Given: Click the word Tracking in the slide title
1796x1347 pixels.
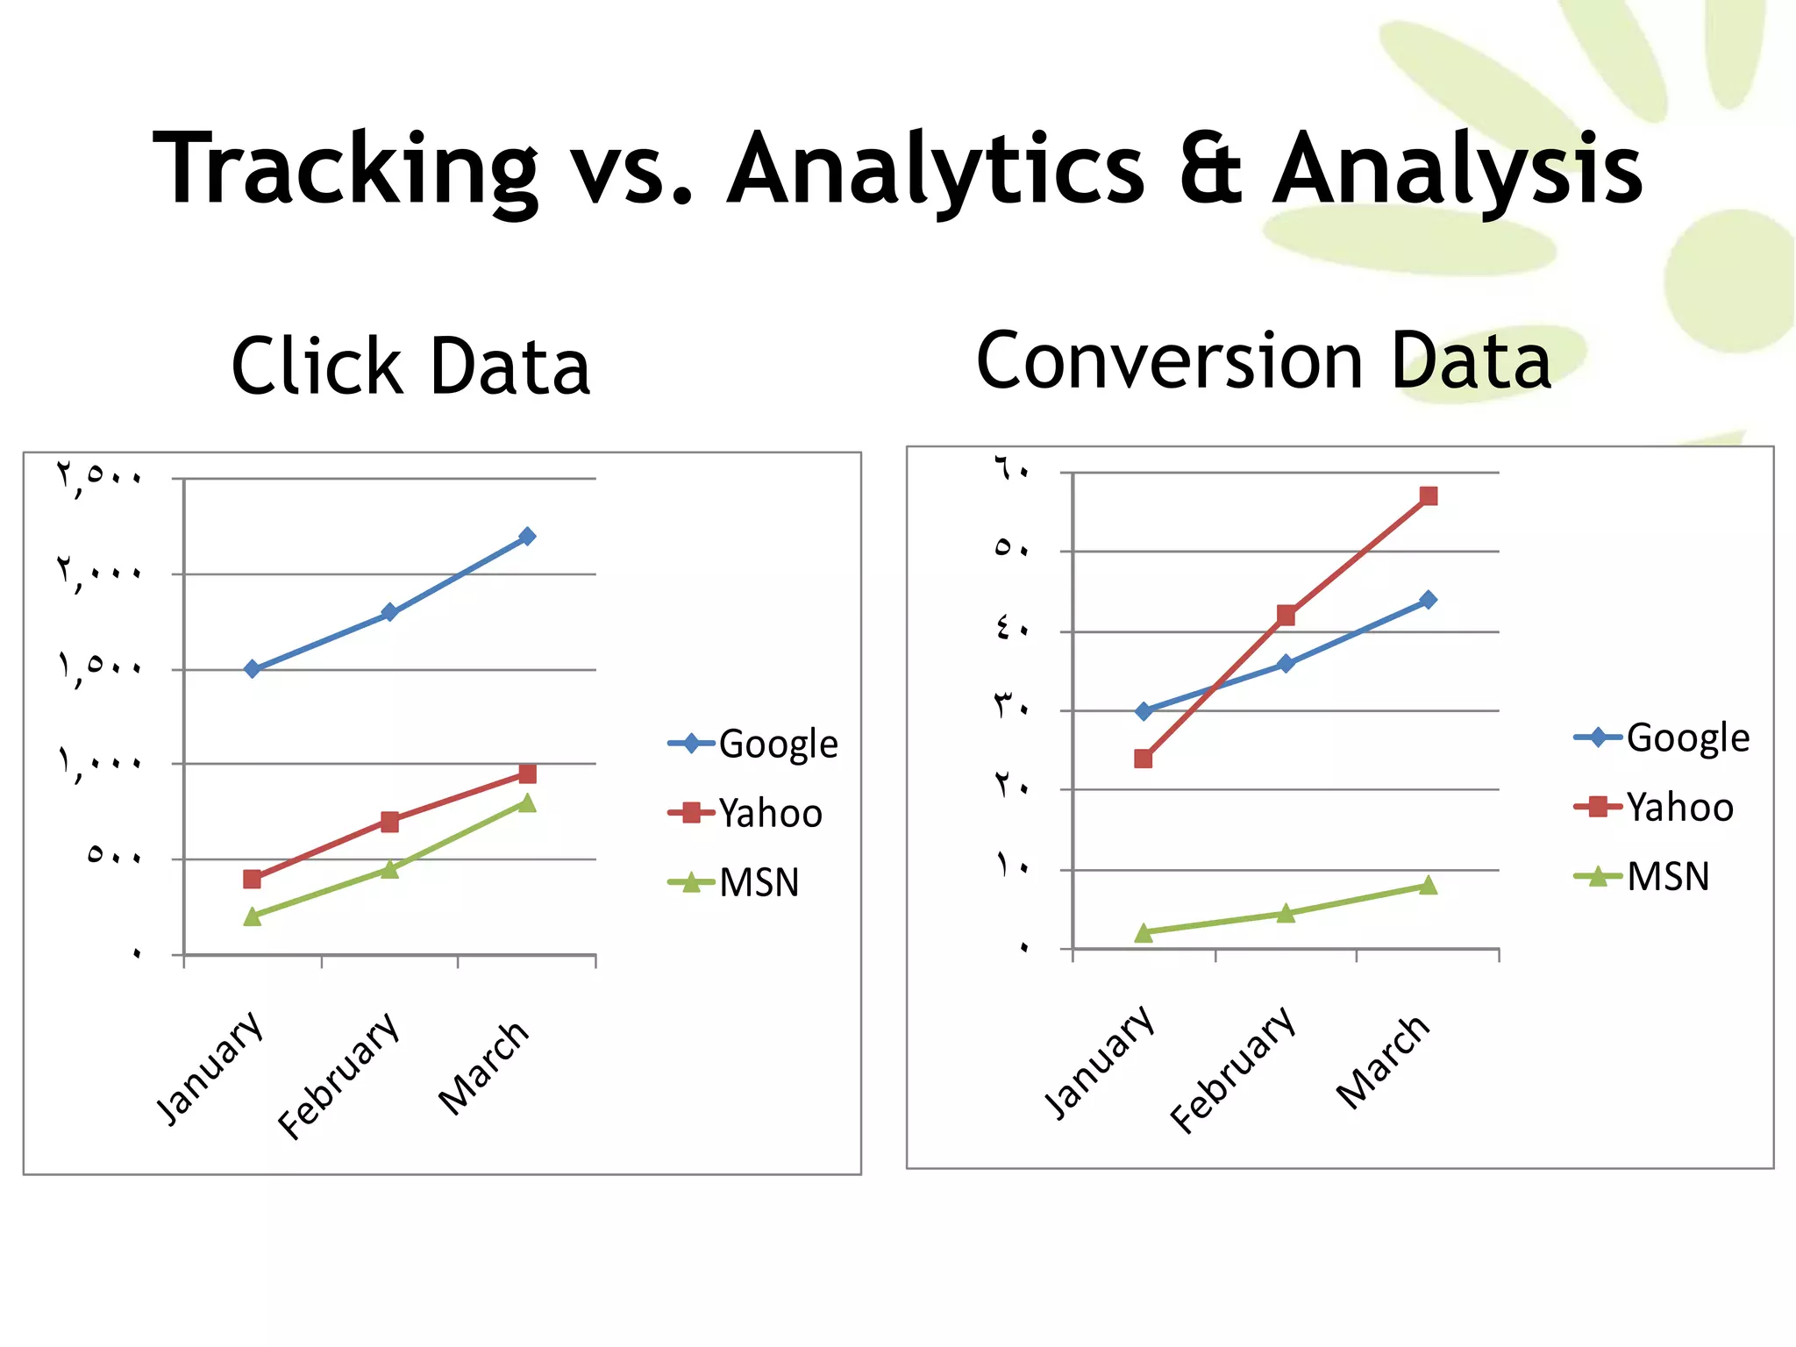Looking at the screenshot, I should [x=345, y=168].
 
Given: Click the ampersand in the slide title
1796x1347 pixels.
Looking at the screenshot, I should [x=1209, y=168].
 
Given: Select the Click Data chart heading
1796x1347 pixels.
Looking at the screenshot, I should [x=410, y=367].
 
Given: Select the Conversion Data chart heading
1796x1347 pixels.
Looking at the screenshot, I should [x=1264, y=361].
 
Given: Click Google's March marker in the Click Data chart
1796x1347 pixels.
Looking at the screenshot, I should [x=527, y=536].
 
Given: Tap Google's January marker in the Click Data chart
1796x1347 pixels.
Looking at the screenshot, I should [x=253, y=669].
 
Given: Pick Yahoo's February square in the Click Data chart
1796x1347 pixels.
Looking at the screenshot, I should [x=390, y=822].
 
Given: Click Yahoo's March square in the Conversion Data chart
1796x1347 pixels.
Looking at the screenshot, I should [x=1429, y=496].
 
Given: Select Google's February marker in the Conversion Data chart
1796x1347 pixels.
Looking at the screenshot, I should [x=1286, y=664].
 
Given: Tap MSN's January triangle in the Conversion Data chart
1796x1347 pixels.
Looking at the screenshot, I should [x=1144, y=933].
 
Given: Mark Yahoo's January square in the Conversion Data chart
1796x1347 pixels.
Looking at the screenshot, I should [x=1144, y=759].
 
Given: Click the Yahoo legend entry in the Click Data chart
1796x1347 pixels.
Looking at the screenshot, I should [x=747, y=813].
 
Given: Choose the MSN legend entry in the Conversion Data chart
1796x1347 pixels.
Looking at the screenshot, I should [x=1644, y=876].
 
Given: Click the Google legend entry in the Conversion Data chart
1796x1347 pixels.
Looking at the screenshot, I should [x=1664, y=738].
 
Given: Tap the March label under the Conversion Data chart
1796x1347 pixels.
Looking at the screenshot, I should [x=1383, y=1062].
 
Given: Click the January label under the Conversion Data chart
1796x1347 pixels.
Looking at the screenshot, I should [x=1099, y=1062].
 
